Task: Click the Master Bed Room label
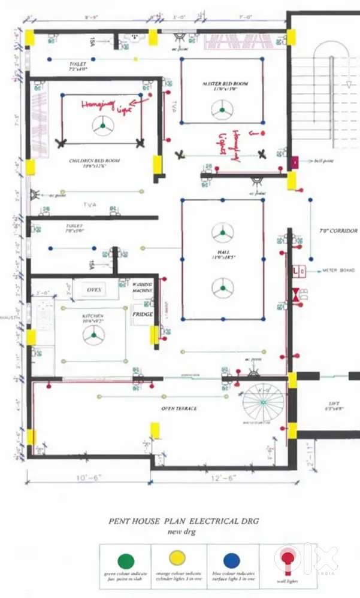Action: (x=225, y=84)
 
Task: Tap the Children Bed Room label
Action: (x=95, y=162)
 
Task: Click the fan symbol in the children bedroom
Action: (x=103, y=126)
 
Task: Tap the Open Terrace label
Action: (x=179, y=409)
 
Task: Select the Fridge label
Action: (x=143, y=314)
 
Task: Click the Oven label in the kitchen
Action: (x=95, y=290)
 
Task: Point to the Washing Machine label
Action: (x=143, y=287)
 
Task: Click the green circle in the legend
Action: (x=126, y=560)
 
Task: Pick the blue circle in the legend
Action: (x=232, y=560)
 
